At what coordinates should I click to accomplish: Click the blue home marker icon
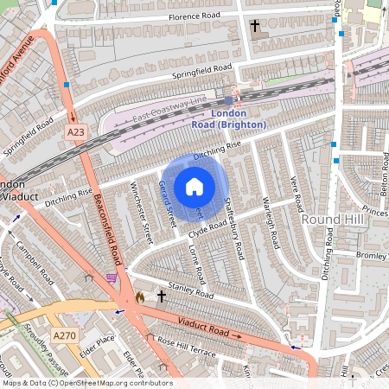click(x=194, y=187)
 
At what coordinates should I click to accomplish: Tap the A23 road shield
click(x=76, y=131)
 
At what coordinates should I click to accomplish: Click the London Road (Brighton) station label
click(x=229, y=120)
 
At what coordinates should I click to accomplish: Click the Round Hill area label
click(x=329, y=220)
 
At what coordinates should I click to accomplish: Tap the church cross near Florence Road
click(x=255, y=27)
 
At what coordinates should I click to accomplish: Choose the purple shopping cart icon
click(x=112, y=277)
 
